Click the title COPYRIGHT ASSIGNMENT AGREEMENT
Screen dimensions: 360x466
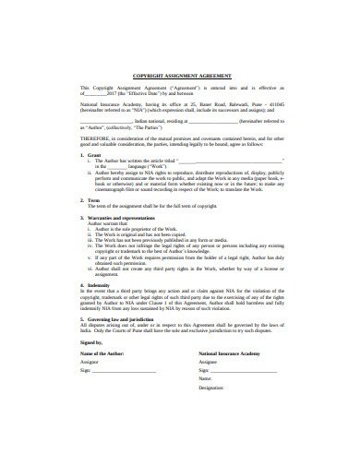coord(180,76)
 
